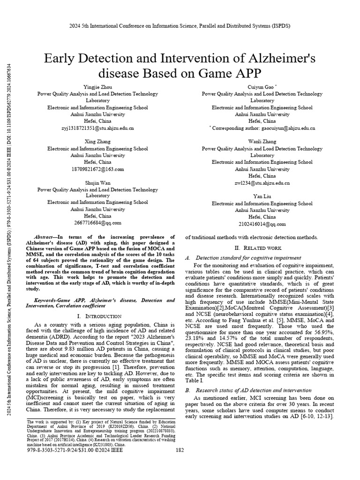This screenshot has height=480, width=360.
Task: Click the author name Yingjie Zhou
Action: [98, 87]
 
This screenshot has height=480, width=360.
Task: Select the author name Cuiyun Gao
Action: [261, 87]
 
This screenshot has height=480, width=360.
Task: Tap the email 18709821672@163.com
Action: [98, 169]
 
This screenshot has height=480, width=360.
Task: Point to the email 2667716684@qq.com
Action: [98, 223]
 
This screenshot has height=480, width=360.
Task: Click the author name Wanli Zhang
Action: [262, 142]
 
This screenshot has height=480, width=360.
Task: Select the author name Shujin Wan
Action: [98, 182]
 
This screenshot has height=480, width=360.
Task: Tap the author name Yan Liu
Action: [262, 196]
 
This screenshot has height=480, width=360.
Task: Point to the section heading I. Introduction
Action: [98, 316]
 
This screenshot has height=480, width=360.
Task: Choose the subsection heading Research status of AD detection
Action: [253, 390]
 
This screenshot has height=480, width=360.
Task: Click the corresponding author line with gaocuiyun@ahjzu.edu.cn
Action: [263, 127]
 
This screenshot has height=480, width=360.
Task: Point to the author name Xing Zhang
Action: [98, 142]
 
